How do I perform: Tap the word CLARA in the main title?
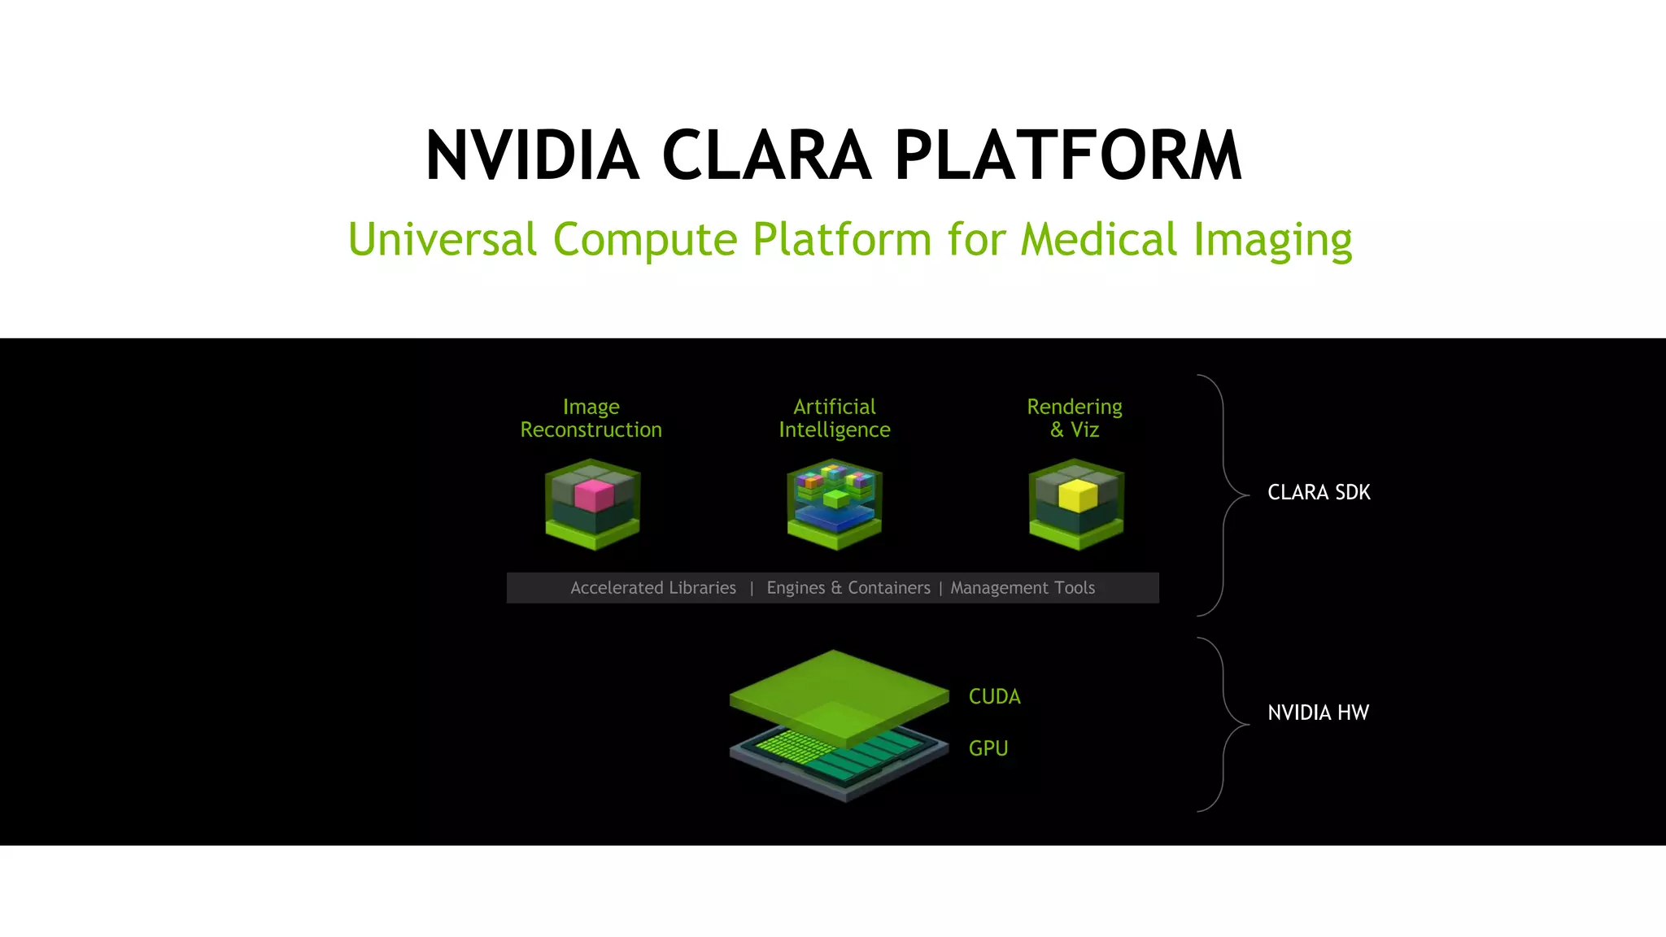[x=766, y=155]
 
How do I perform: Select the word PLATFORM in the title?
[x=1068, y=155]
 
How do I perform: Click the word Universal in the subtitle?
[x=442, y=239]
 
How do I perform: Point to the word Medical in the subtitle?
[x=1098, y=239]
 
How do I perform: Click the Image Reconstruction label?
[x=591, y=418]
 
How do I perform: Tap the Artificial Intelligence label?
[x=835, y=418]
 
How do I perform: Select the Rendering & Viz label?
[x=1075, y=418]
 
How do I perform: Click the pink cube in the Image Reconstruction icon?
[x=593, y=495]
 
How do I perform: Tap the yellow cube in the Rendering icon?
[x=1078, y=495]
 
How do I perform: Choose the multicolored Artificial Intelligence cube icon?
[x=835, y=503]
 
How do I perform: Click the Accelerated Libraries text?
[x=653, y=588]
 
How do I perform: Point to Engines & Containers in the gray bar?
[x=848, y=588]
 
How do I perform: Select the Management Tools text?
[x=1023, y=588]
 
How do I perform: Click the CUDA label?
[x=994, y=697]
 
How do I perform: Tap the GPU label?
[x=988, y=748]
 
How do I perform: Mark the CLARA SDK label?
[x=1319, y=493]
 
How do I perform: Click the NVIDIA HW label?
[x=1318, y=713]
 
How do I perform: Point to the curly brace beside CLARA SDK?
[x=1223, y=495]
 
